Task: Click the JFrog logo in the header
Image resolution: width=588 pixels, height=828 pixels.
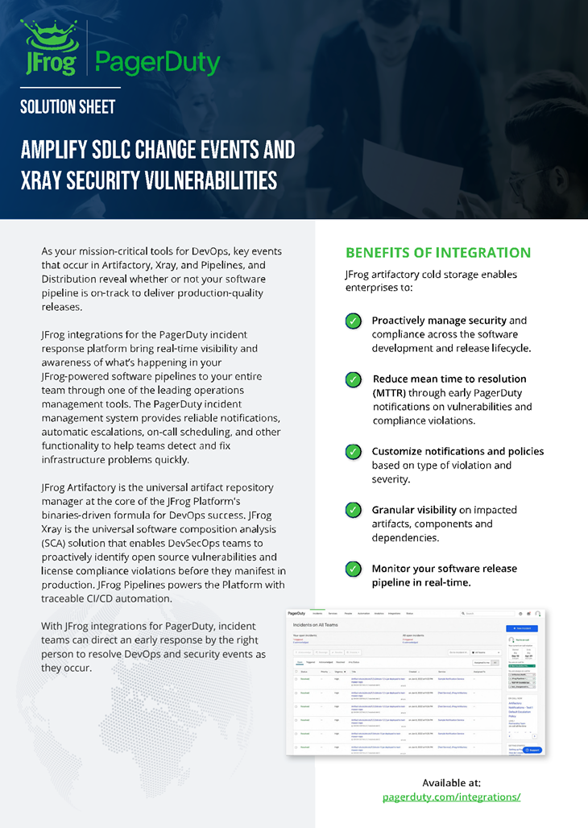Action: coord(50,48)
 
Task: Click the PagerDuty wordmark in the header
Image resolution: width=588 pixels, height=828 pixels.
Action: coord(157,61)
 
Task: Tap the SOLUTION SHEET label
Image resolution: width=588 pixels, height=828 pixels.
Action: coord(68,107)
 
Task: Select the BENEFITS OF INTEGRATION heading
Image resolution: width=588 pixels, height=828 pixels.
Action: coord(438,252)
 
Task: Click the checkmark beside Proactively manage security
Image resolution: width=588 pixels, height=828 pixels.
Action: coord(353,321)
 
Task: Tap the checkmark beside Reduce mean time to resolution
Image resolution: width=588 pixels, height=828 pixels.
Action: coord(353,379)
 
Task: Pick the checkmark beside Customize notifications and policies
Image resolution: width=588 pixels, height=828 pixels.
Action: coord(353,452)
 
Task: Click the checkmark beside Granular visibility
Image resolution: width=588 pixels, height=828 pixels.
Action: coord(353,510)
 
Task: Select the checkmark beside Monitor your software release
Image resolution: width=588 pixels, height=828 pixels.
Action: coord(353,569)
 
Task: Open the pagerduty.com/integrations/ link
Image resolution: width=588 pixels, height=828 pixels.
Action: coord(451,797)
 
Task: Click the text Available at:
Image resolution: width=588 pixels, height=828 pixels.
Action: coord(451,782)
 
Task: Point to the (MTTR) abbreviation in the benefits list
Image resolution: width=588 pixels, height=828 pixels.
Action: coord(391,392)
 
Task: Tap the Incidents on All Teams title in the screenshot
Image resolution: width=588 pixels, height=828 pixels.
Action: coord(316,625)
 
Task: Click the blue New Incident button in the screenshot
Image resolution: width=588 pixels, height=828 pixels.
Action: coord(522,627)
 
